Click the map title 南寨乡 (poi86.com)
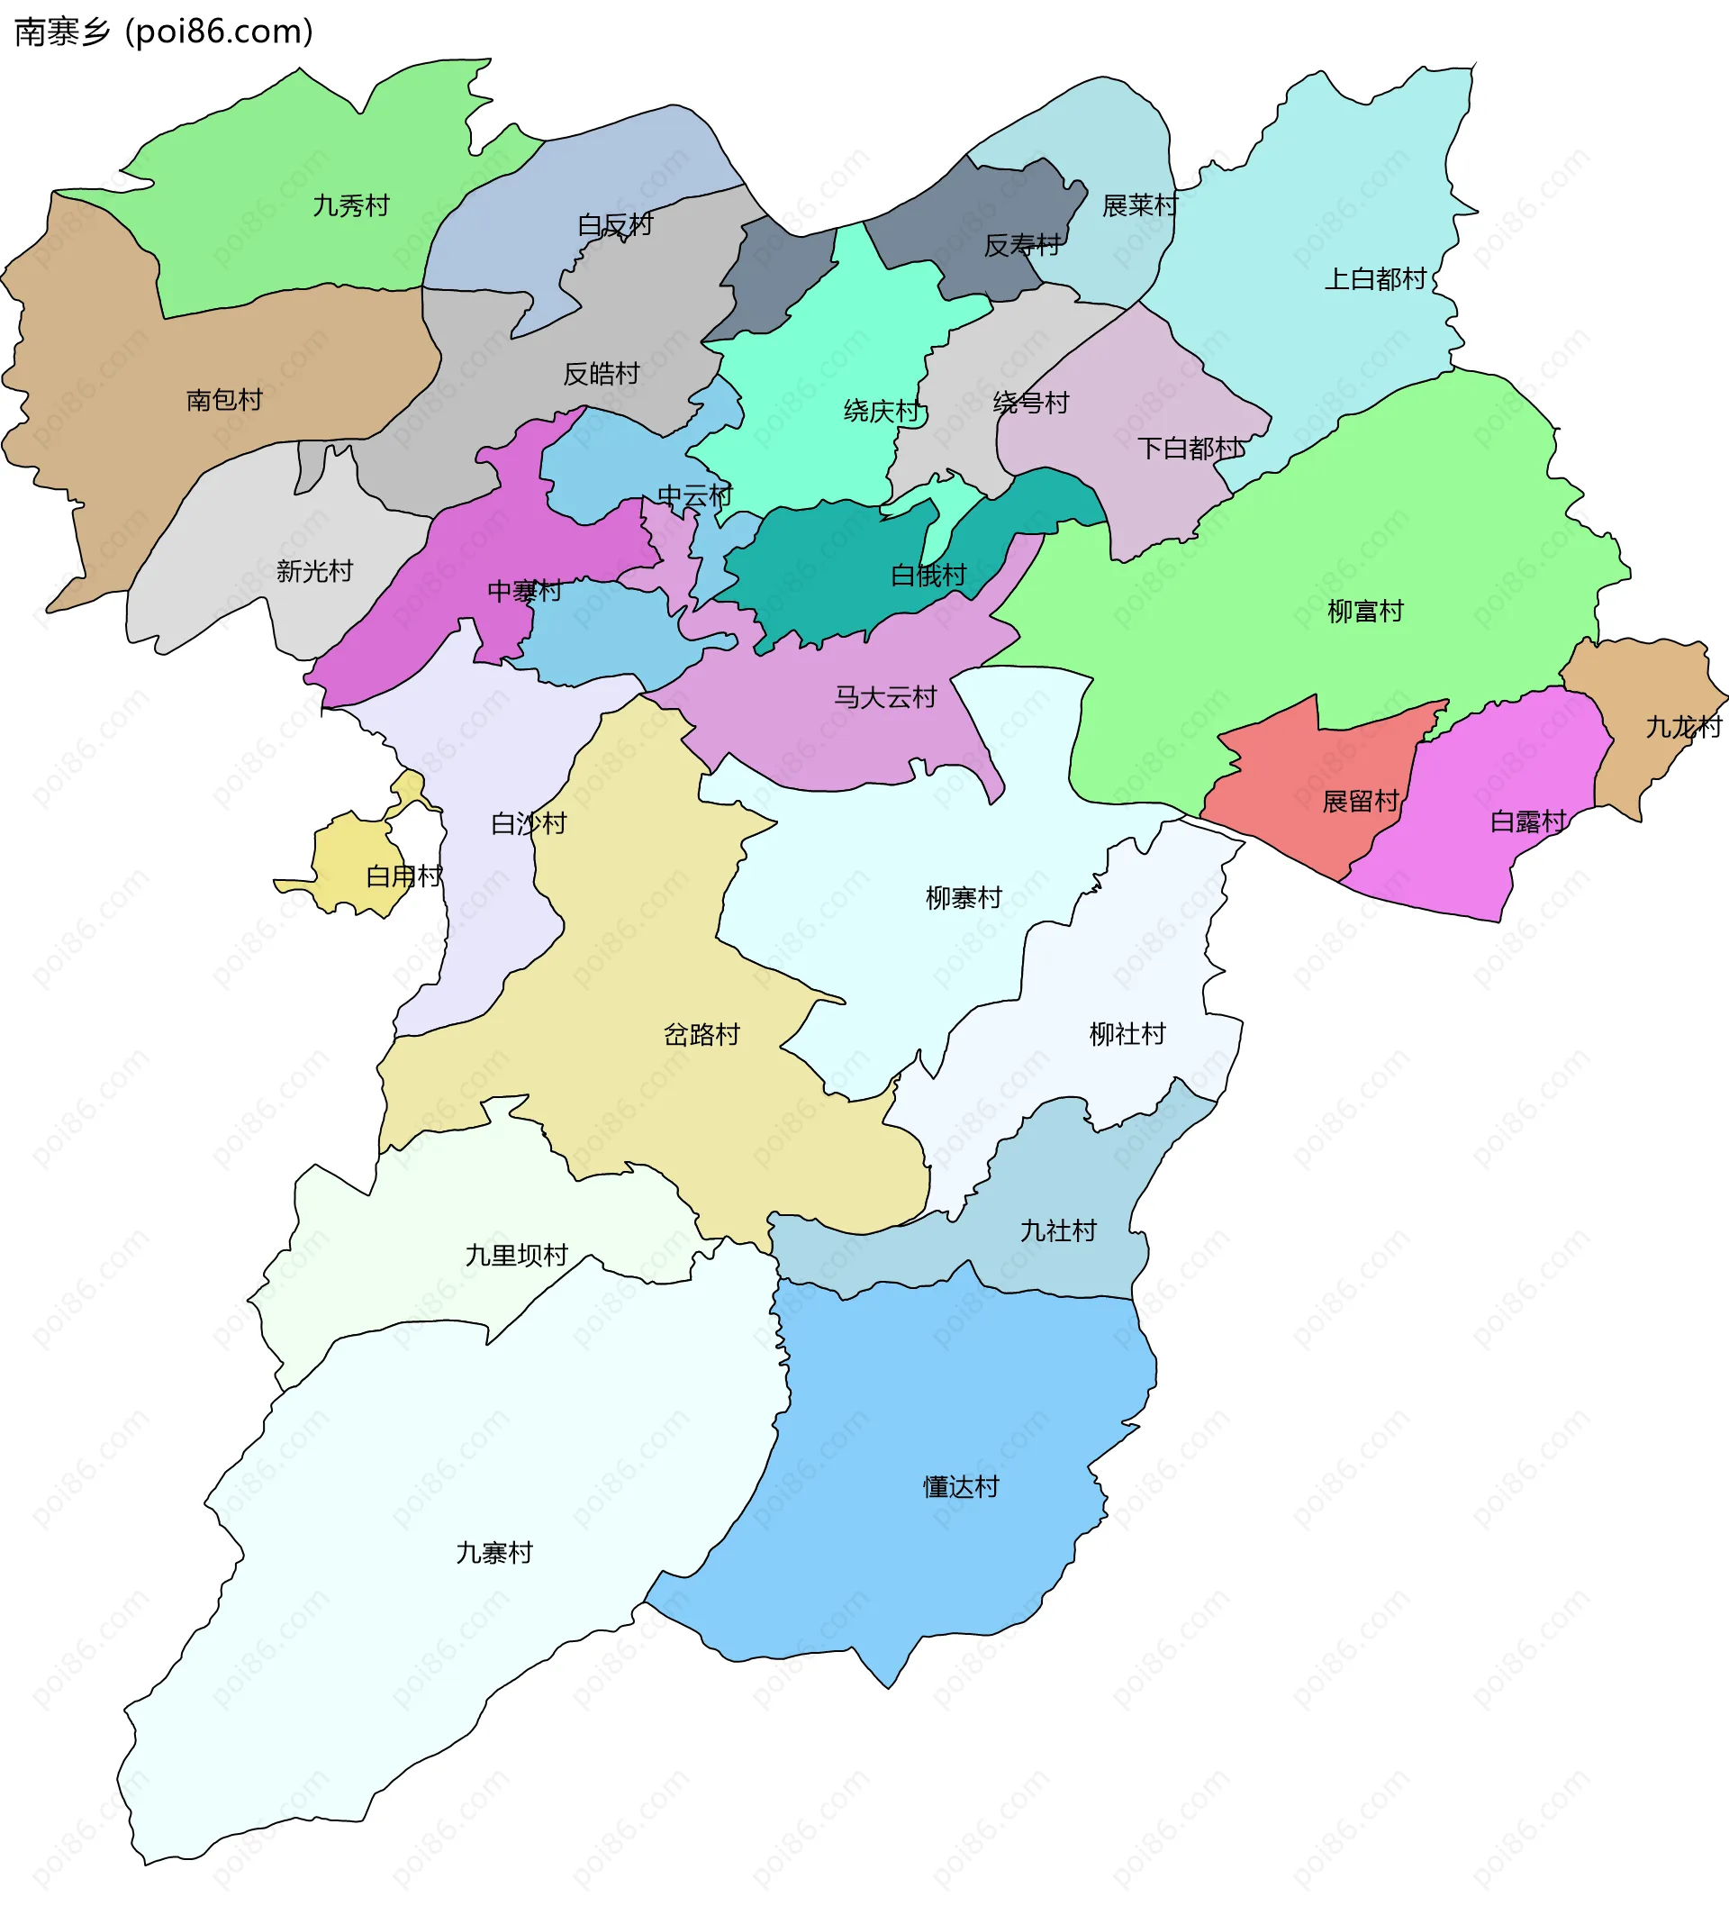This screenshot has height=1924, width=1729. click(x=163, y=32)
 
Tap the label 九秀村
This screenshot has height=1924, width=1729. click(x=350, y=205)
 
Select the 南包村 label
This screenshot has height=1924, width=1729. click(x=224, y=399)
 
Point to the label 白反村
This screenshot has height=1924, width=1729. click(x=615, y=225)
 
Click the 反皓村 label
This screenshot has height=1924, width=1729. click(x=601, y=374)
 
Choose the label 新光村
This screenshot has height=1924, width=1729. click(x=313, y=570)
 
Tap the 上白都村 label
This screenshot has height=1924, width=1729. click(x=1375, y=278)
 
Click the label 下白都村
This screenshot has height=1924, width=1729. click(x=1189, y=448)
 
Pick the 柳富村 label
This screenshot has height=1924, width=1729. click(x=1364, y=611)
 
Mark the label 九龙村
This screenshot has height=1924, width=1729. click(x=1682, y=727)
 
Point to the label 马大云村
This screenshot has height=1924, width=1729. click(x=884, y=696)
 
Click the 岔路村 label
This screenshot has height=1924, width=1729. click(x=702, y=1034)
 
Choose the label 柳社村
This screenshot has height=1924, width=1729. click(x=1127, y=1033)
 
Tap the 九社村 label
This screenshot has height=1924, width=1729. click(x=1057, y=1230)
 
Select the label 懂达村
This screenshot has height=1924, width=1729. click(x=961, y=1487)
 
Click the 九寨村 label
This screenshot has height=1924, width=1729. click(x=494, y=1553)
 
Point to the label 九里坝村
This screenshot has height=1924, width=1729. click(x=516, y=1255)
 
